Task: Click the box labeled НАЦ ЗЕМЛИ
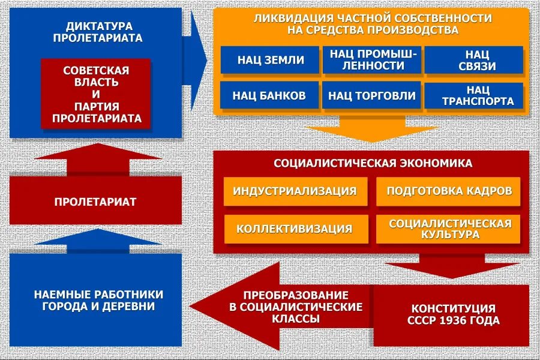point(271,60)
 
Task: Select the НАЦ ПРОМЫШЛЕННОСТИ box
point(371,60)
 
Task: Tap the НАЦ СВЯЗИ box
point(473,60)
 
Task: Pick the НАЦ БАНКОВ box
point(271,95)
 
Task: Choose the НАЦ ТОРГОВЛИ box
point(371,95)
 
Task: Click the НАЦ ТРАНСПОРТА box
point(473,95)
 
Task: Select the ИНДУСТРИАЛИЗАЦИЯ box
point(295,191)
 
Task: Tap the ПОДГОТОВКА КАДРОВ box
point(449,191)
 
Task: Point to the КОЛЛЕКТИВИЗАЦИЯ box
point(295,229)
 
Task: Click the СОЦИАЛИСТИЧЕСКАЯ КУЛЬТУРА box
point(449,229)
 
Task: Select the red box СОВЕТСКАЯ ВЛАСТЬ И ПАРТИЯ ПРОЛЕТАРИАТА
point(96,94)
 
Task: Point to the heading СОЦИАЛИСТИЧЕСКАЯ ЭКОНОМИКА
point(373,163)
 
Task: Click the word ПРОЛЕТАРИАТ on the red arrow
point(95,202)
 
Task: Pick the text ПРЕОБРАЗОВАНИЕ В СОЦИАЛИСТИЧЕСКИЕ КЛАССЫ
point(296,307)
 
